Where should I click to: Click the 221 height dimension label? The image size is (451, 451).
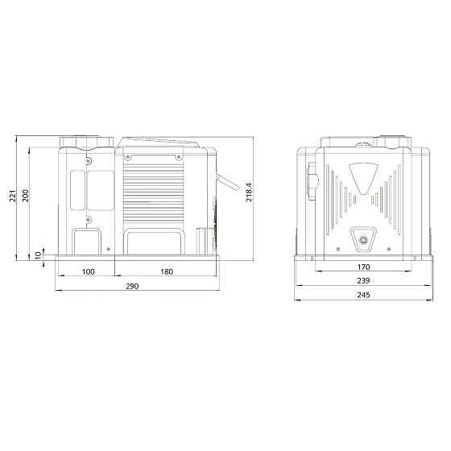click(x=13, y=196)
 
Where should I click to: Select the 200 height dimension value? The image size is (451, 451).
click(x=26, y=196)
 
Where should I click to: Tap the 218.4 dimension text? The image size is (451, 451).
click(x=249, y=192)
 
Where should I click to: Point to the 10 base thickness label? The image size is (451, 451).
click(x=38, y=254)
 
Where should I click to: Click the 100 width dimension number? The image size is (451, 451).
click(x=89, y=271)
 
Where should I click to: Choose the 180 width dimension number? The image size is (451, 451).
click(x=167, y=271)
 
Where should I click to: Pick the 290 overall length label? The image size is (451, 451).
click(x=132, y=286)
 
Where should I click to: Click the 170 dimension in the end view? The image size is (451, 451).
click(x=363, y=267)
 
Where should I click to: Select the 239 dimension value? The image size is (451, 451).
click(x=363, y=280)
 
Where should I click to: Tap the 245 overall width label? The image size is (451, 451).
click(x=363, y=295)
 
